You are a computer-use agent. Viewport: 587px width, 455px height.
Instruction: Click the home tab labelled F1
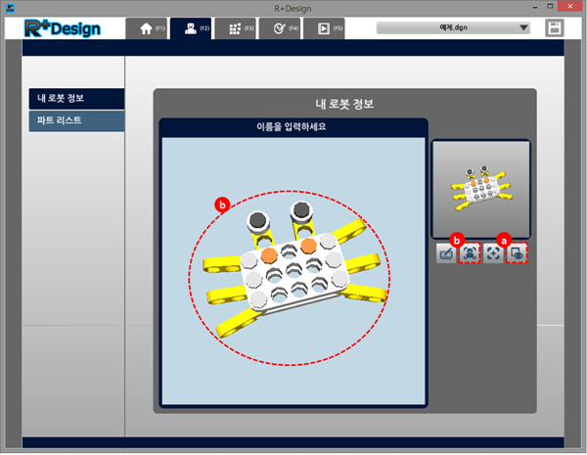pos(148,28)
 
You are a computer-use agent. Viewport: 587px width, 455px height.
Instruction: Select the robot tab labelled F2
pos(192,28)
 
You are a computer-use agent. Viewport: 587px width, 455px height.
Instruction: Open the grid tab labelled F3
pos(236,28)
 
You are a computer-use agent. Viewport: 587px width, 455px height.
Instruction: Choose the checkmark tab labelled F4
pos(280,28)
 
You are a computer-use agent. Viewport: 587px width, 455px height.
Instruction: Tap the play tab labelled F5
pos(324,28)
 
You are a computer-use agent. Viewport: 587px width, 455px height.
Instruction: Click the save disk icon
pos(555,28)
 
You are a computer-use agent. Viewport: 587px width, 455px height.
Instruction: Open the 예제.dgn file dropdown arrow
pos(523,27)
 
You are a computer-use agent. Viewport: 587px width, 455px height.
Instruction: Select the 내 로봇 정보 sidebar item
pos(76,99)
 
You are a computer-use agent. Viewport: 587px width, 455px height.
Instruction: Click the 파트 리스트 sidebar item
pos(76,120)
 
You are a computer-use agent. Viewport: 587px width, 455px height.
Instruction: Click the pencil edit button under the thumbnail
pos(446,253)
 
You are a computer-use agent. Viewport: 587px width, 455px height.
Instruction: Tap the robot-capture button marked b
pos(470,253)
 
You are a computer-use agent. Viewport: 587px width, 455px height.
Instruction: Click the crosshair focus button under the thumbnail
pos(493,253)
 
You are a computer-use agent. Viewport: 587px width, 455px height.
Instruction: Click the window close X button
pos(570,7)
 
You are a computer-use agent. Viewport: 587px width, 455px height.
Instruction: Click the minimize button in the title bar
pos(536,7)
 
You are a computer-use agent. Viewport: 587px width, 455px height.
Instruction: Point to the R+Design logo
pos(63,28)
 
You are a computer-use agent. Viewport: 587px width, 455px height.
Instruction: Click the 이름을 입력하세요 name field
pos(292,127)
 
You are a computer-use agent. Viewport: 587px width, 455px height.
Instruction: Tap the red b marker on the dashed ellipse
pos(222,205)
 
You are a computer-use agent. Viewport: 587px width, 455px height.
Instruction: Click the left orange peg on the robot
pos(269,255)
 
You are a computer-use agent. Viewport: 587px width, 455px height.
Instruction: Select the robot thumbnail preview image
pos(481,189)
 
